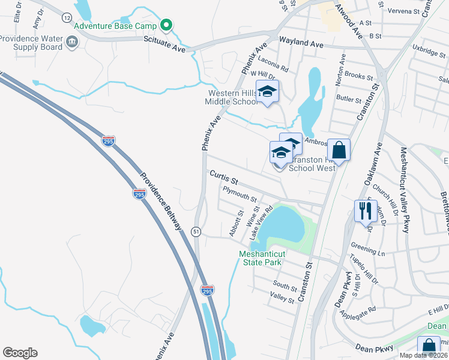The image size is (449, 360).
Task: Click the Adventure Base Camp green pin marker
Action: coord(167,26)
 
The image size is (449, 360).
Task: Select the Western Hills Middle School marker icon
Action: coord(268,92)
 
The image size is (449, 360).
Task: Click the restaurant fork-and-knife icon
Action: coord(364,211)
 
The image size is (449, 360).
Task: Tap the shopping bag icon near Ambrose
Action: coord(339,150)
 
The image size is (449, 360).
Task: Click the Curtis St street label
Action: coord(224,176)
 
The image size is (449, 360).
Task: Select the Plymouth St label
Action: coord(240,194)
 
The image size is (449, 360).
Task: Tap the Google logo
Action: coord(20,353)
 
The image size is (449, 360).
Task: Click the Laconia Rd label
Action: coord(273,64)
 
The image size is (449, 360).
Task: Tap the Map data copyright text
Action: coord(421,355)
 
